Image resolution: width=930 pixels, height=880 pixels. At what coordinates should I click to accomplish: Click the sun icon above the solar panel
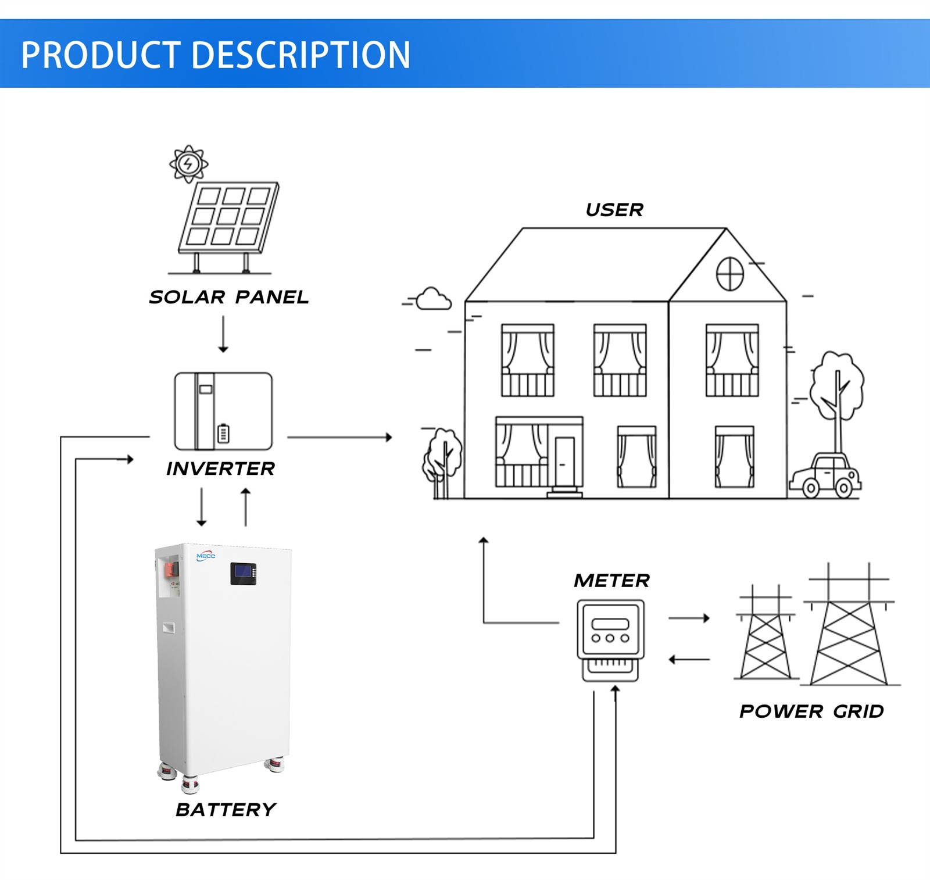click(x=188, y=164)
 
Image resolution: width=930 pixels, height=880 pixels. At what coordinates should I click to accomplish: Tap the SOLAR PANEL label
click(x=228, y=297)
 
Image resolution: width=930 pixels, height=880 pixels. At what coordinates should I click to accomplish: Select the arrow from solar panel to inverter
click(x=223, y=334)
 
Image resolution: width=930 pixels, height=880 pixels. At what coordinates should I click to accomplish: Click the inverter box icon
click(x=223, y=411)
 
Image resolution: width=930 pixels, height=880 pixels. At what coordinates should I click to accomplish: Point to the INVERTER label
click(x=220, y=468)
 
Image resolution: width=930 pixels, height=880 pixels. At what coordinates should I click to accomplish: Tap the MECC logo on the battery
click(x=206, y=556)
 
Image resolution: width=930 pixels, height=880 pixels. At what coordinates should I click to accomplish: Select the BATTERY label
click(x=226, y=809)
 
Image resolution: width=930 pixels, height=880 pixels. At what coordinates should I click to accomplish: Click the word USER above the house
click(x=614, y=210)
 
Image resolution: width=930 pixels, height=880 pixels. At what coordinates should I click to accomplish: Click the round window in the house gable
click(x=729, y=274)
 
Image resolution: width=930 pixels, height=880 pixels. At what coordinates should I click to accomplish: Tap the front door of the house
click(x=564, y=462)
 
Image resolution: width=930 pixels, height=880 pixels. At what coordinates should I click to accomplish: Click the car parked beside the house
click(x=825, y=476)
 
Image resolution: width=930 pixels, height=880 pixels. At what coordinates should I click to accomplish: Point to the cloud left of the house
click(x=433, y=299)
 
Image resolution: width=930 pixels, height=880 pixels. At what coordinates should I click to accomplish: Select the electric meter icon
click(x=610, y=639)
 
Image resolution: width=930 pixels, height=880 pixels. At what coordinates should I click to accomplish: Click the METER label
click(x=611, y=580)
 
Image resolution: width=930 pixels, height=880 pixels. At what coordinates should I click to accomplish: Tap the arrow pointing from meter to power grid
click(x=689, y=618)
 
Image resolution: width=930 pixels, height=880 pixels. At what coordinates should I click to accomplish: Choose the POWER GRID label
click(x=811, y=711)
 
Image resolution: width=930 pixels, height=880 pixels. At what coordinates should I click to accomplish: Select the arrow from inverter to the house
click(x=339, y=437)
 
